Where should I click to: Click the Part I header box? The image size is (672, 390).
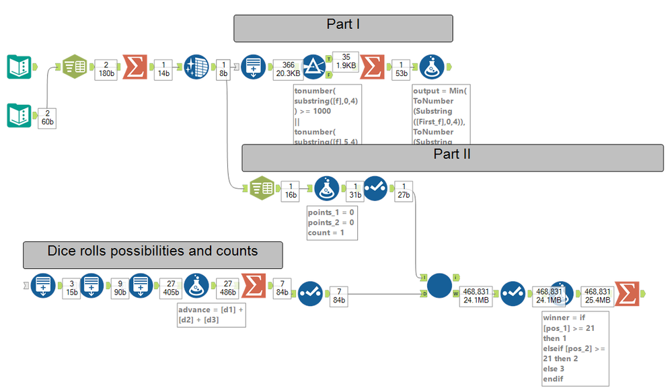pos(343,28)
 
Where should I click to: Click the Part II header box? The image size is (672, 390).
pos(452,157)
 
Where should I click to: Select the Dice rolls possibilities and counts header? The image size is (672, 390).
pos(153,255)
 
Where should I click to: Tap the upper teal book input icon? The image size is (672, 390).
pos(20,67)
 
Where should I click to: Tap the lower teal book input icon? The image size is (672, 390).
pos(20,115)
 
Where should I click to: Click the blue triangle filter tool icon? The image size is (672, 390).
pos(314,67)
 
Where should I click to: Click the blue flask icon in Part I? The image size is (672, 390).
pos(431,67)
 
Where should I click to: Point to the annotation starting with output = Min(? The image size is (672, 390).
pos(441,114)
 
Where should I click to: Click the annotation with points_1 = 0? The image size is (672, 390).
pos(331,222)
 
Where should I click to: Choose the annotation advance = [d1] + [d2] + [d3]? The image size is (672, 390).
pos(210,314)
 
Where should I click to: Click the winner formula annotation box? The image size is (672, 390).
pos(575,348)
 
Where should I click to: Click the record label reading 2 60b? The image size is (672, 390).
pos(48,117)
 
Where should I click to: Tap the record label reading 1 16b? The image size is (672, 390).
pos(290,190)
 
